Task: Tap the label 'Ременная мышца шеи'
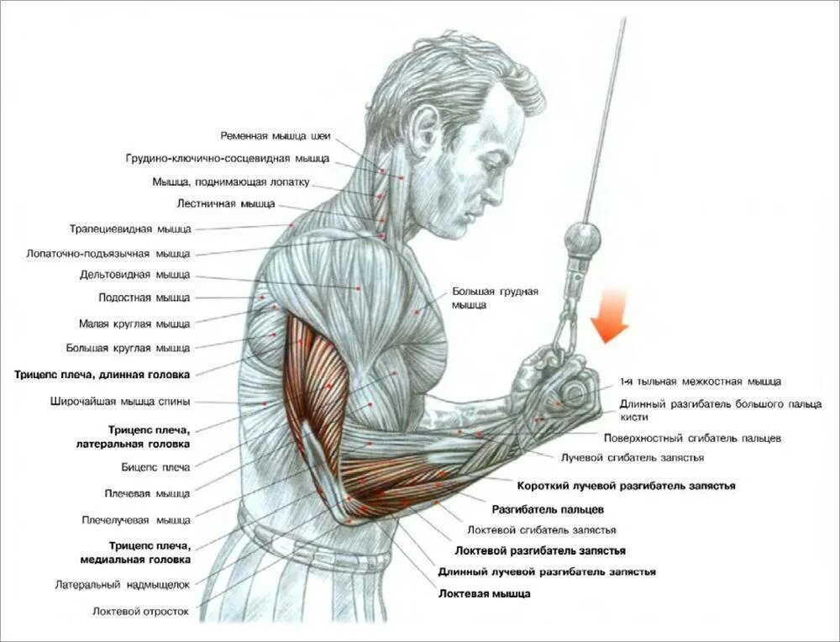pos(276,135)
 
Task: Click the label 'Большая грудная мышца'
pos(494,298)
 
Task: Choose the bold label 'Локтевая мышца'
pos(484,593)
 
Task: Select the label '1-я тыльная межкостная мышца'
pos(701,382)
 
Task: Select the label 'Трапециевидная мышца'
pos(130,229)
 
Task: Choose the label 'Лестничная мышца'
pos(226,203)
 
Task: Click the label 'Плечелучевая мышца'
pos(136,520)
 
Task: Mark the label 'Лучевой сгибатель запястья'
pos(632,457)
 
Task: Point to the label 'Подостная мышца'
pos(144,297)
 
